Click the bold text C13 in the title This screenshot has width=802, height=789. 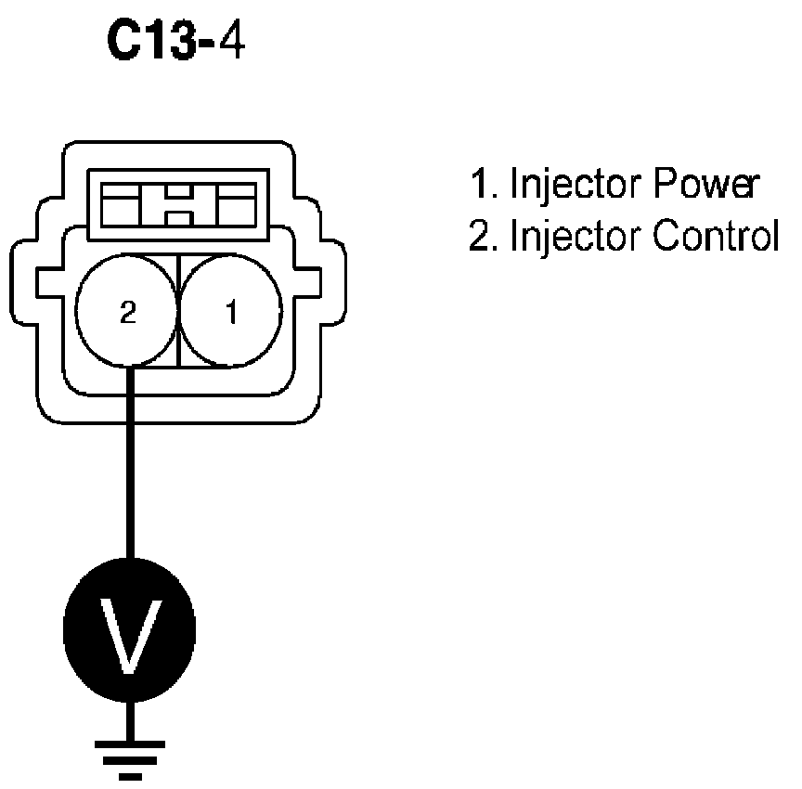pos(156,44)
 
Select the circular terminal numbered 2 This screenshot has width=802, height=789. pos(127,312)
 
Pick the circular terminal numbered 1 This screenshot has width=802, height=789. pos(230,312)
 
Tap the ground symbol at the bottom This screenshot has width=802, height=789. pos(130,757)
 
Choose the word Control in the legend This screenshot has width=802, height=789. pos(715,238)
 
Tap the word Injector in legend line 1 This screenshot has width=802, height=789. pos(563,186)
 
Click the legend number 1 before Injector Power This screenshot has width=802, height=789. pos(480,185)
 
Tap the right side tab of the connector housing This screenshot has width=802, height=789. pos(319,282)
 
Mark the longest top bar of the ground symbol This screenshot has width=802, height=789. pos(130,744)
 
